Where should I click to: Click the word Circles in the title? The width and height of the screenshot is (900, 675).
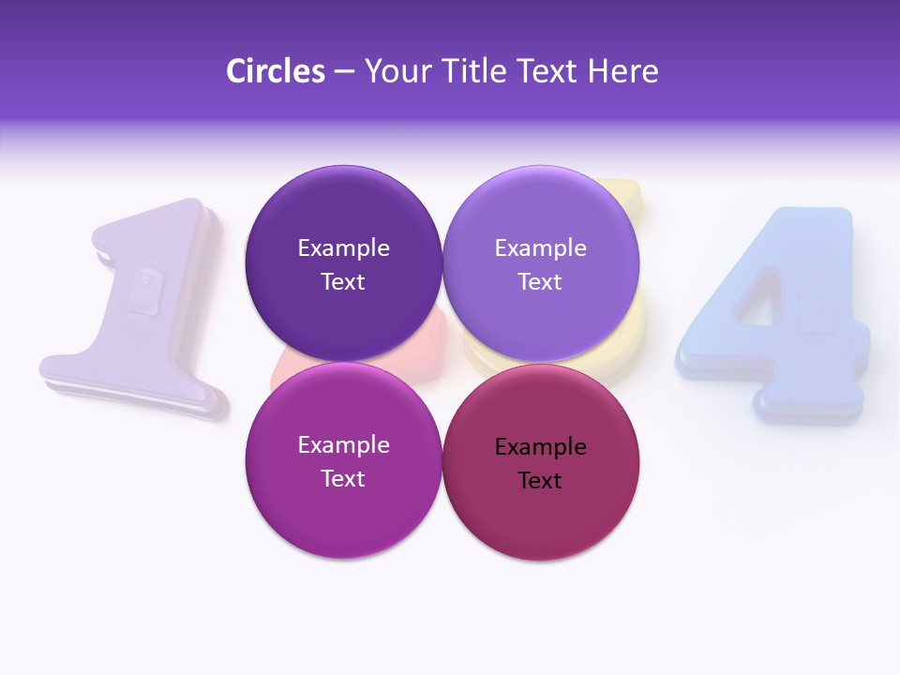[x=275, y=71]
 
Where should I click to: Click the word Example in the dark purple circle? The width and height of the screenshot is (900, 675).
[x=343, y=248]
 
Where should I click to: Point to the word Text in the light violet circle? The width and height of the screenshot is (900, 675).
[x=540, y=282]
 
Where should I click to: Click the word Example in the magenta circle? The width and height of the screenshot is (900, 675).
[x=343, y=445]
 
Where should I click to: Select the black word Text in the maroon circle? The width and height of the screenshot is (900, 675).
[x=540, y=481]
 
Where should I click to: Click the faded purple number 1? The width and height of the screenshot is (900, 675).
[x=141, y=309]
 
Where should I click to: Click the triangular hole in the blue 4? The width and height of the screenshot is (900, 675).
[x=756, y=300]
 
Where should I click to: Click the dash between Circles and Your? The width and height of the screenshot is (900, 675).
[x=344, y=71]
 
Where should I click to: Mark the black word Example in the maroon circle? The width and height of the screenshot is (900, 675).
[x=540, y=447]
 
